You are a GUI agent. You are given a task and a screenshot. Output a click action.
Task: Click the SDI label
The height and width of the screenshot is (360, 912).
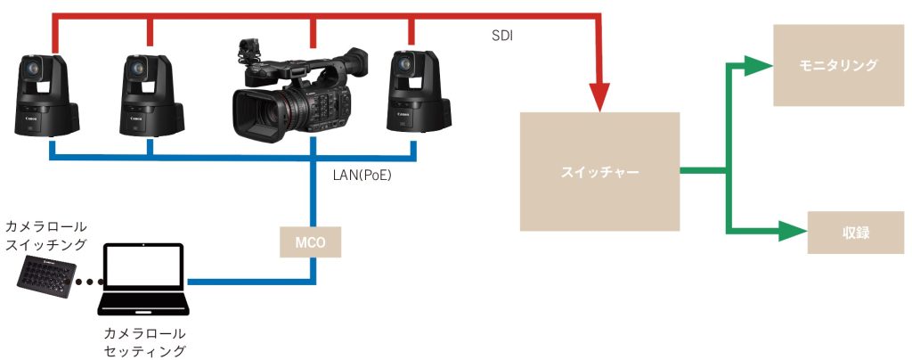[502, 36]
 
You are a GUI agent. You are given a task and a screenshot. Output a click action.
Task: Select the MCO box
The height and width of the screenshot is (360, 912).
[309, 242]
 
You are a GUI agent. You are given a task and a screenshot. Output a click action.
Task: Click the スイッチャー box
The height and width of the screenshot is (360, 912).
[599, 172]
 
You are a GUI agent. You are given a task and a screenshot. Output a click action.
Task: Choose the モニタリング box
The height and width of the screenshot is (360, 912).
[837, 65]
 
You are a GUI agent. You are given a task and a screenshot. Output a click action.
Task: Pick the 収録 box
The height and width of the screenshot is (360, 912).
[855, 233]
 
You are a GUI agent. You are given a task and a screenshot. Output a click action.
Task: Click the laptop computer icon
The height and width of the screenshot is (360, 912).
[142, 278]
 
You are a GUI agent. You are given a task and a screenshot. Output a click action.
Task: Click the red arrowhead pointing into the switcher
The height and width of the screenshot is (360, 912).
[599, 98]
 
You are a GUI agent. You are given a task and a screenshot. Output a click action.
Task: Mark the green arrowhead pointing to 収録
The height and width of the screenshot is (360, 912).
[793, 232]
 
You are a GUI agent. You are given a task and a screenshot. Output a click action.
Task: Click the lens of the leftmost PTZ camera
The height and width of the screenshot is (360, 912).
[31, 70]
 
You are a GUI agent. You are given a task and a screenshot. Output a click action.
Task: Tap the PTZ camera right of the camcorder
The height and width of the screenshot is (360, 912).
[418, 91]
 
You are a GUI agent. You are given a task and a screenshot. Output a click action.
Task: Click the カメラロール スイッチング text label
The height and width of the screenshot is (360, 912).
[45, 235]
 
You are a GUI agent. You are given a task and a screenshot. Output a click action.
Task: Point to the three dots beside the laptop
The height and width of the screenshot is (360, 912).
[90, 282]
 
